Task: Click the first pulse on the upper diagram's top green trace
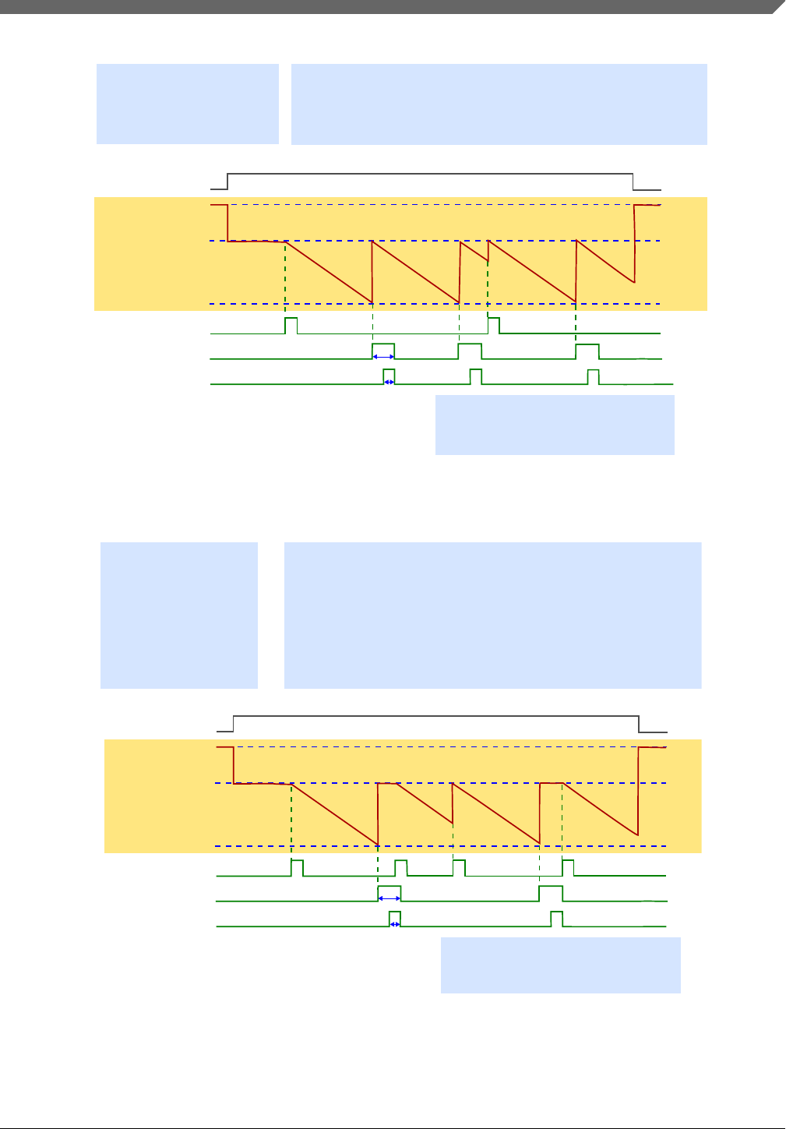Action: (x=291, y=325)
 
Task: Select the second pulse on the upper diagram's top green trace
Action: (x=493, y=324)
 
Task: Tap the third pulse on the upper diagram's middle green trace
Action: (x=587, y=351)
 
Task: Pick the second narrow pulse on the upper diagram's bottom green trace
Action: (x=475, y=376)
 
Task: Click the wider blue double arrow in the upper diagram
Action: (x=383, y=356)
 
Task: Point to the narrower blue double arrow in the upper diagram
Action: (x=389, y=383)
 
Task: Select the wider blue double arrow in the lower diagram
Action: (x=389, y=898)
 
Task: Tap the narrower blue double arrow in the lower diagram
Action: (x=395, y=924)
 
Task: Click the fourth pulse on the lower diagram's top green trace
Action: (x=568, y=867)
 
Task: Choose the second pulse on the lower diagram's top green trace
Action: (x=400, y=867)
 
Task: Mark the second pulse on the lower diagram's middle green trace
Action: (x=551, y=893)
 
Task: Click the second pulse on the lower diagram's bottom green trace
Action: (x=556, y=918)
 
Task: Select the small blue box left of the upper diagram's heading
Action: (x=187, y=104)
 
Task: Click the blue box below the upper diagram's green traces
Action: (x=554, y=425)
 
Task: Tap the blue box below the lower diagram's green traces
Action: (x=560, y=965)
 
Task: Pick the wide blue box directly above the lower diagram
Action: (x=492, y=615)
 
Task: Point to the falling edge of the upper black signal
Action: (x=633, y=182)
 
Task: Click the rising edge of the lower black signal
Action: (x=234, y=723)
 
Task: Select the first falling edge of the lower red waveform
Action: (x=234, y=765)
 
